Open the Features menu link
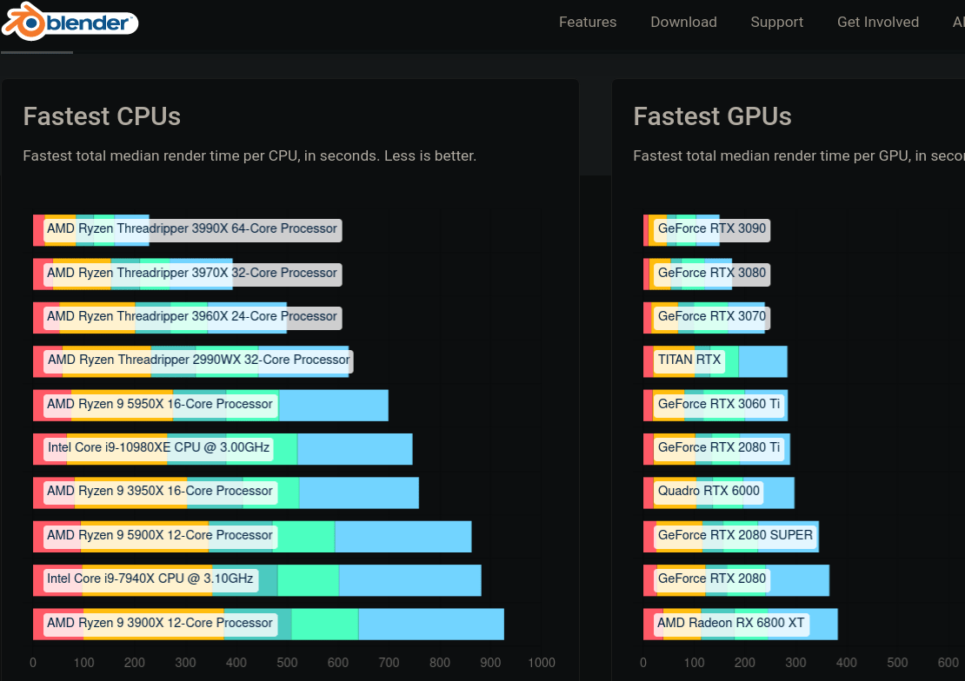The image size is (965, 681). (x=588, y=23)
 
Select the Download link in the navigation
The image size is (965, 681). (x=683, y=23)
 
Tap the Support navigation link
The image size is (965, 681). (x=776, y=23)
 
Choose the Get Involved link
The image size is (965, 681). (x=877, y=23)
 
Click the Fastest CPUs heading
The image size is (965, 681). (x=102, y=116)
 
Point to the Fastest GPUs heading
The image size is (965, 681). (x=712, y=116)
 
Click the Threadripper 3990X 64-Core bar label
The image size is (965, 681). (x=192, y=229)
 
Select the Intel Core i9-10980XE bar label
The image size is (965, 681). (x=158, y=448)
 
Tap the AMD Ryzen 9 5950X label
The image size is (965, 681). (x=160, y=404)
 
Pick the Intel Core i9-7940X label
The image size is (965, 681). (x=150, y=579)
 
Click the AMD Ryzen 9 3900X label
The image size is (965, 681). (x=160, y=623)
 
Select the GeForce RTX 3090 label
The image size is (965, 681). (x=712, y=229)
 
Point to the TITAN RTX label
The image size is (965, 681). (x=689, y=360)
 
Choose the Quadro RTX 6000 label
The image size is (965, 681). (x=709, y=491)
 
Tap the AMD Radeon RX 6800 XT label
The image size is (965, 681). (x=730, y=623)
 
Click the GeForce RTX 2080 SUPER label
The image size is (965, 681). (x=735, y=535)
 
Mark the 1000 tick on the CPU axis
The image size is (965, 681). (x=541, y=663)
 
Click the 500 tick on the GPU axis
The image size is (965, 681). (x=896, y=663)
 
